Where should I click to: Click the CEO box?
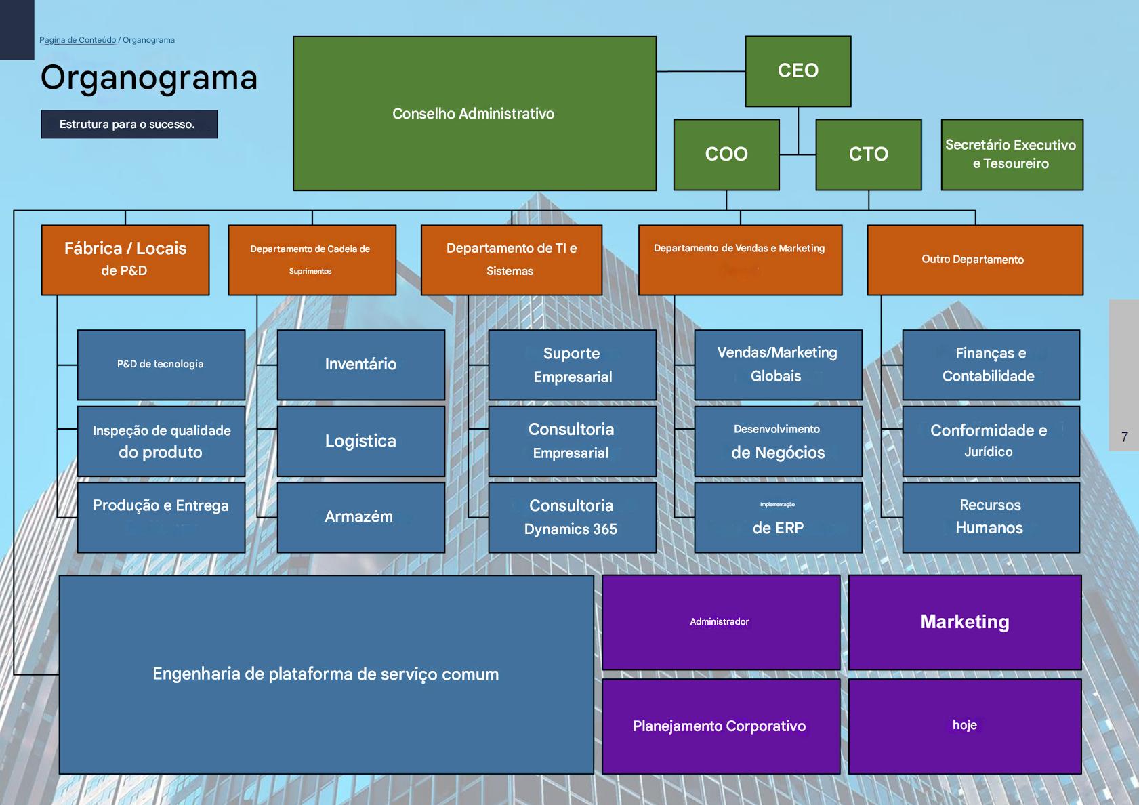point(798,71)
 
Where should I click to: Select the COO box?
point(726,154)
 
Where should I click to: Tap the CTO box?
point(868,154)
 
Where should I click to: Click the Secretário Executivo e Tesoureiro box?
point(1012,154)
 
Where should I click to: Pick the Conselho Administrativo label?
point(473,114)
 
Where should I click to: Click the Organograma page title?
point(149,77)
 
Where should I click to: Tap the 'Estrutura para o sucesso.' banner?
point(129,125)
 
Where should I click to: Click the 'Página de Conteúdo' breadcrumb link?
point(77,40)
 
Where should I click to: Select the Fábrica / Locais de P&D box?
point(125,260)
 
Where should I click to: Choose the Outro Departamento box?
point(974,260)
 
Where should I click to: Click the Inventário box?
point(360,365)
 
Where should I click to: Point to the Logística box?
point(360,441)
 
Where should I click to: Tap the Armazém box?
point(360,517)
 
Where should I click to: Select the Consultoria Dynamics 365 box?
point(571,517)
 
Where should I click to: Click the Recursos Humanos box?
point(990,517)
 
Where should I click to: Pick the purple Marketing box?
point(964,622)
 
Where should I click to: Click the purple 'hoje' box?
point(964,726)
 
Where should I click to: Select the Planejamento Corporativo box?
point(720,726)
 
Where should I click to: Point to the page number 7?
point(1125,437)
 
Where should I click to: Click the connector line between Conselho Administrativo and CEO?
point(701,71)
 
